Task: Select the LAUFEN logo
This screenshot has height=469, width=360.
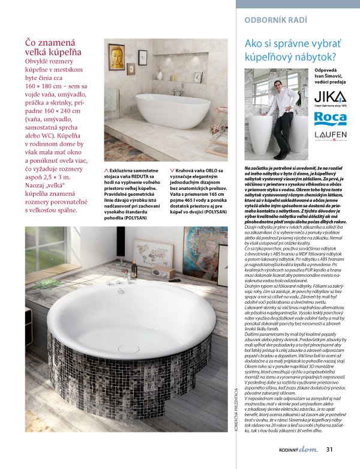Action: click(x=330, y=135)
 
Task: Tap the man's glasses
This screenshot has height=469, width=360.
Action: click(x=280, y=80)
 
